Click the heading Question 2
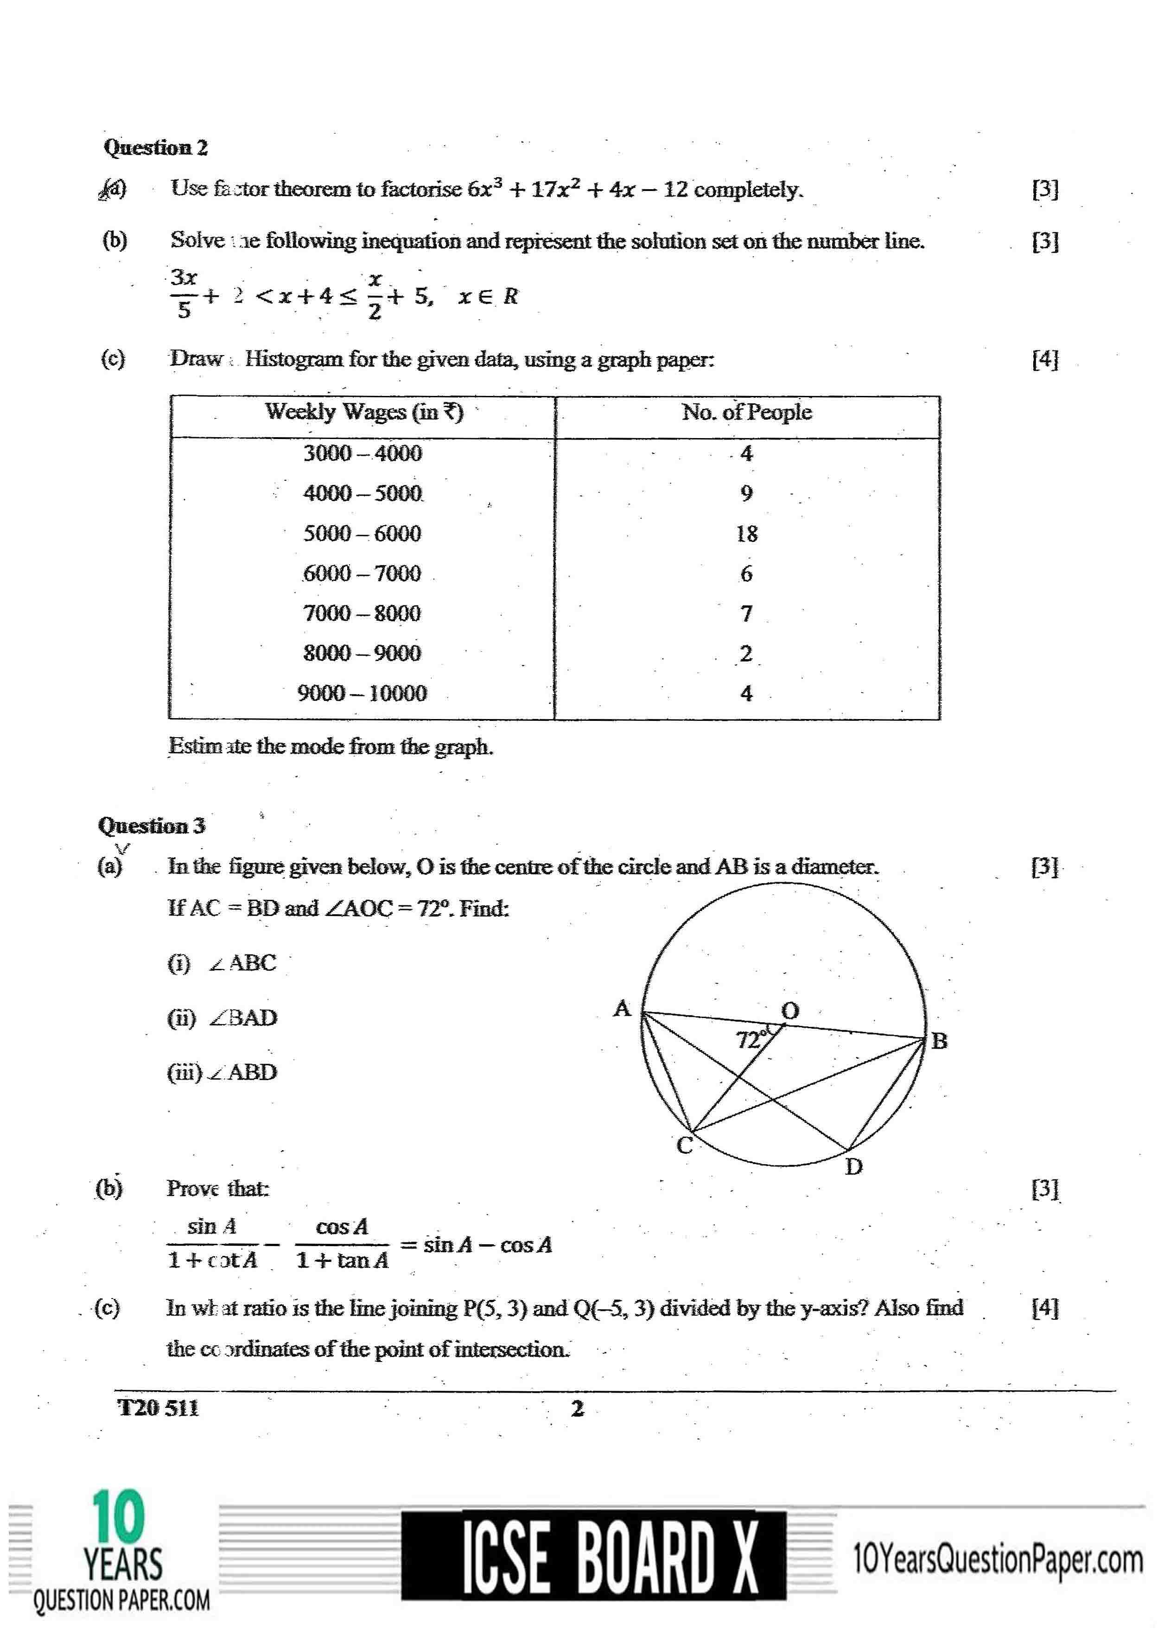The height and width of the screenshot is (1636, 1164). tap(156, 147)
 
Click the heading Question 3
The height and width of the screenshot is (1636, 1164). tap(151, 826)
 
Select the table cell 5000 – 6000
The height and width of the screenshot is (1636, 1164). tap(362, 533)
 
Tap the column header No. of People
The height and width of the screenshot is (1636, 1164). tap(746, 412)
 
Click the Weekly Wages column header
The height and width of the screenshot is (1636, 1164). tap(364, 412)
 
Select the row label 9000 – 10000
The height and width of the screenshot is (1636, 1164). tap(362, 693)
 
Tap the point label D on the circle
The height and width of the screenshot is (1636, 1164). tap(853, 1167)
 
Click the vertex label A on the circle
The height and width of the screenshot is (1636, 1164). tap(622, 1009)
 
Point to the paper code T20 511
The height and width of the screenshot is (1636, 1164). tap(158, 1408)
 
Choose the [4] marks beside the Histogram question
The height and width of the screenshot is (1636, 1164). tap(1044, 359)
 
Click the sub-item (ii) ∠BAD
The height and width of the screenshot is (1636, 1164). tap(222, 1018)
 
